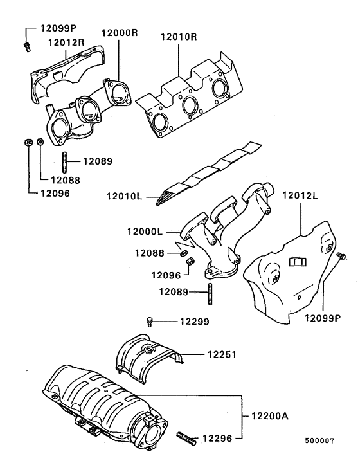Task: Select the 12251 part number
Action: point(222,354)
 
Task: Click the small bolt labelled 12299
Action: point(150,321)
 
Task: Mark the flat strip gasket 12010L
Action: point(206,174)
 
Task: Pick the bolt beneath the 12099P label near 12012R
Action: point(26,45)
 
